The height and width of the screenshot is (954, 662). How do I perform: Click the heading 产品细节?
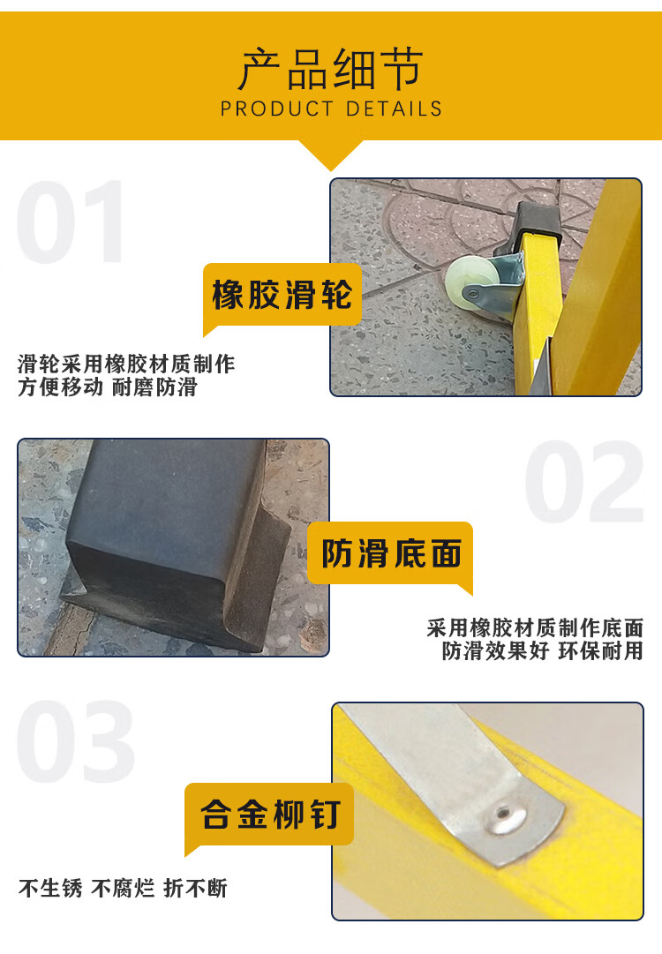(330, 70)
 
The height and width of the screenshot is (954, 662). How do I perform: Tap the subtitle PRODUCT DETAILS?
(331, 109)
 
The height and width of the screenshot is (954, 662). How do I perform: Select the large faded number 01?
(70, 222)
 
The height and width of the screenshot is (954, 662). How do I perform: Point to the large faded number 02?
(584, 481)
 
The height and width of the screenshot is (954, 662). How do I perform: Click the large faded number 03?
(75, 741)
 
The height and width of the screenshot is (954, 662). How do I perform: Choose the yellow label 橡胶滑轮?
(282, 295)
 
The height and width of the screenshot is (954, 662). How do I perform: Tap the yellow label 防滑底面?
(391, 553)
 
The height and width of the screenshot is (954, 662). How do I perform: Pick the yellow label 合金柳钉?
(269, 814)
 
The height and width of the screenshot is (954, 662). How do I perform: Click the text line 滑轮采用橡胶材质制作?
(126, 364)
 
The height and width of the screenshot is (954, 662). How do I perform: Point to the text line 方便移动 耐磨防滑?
(108, 387)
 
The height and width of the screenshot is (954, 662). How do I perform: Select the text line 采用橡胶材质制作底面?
(535, 627)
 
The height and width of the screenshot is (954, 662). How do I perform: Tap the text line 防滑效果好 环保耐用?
(542, 650)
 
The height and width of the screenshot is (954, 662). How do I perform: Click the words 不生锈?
(50, 888)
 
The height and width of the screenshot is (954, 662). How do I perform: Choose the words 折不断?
(195, 888)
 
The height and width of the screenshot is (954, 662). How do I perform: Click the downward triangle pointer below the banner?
(331, 154)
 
